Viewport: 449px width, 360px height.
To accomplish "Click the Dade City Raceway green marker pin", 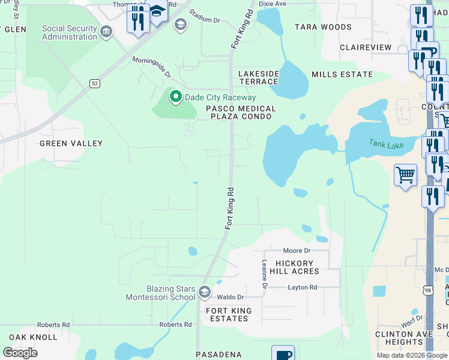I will pyautogui.click(x=175, y=97).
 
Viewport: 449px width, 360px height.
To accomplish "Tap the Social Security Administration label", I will pyautogui.click(x=70, y=32).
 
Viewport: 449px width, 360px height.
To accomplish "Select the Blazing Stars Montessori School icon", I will pyautogui.click(x=205, y=292).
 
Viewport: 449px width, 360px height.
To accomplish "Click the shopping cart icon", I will pyautogui.click(x=405, y=175).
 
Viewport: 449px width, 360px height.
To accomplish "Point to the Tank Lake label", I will pyautogui.click(x=386, y=145).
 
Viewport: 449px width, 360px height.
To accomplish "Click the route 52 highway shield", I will pyautogui.click(x=95, y=83).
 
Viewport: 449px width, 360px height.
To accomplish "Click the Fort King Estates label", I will pyautogui.click(x=228, y=314).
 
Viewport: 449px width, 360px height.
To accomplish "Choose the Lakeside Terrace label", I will pyautogui.click(x=259, y=77).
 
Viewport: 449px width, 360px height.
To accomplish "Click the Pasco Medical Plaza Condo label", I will pyautogui.click(x=241, y=112).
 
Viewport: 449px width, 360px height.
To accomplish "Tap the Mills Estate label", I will pyautogui.click(x=342, y=74).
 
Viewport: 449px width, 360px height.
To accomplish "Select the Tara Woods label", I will pyautogui.click(x=323, y=27).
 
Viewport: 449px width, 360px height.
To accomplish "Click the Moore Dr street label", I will pyautogui.click(x=297, y=250).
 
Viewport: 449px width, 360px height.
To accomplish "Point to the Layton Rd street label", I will pyautogui.click(x=302, y=288).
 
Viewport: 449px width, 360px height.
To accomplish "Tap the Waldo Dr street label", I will pyautogui.click(x=230, y=297).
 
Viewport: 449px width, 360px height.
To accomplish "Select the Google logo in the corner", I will pyautogui.click(x=20, y=352).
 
